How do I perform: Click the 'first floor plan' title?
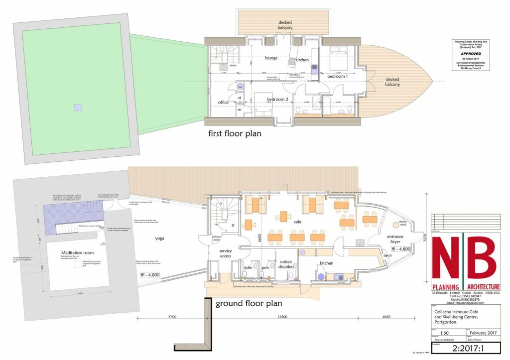[x=235, y=133]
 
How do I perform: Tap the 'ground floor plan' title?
[x=249, y=303]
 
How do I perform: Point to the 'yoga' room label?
[x=159, y=238]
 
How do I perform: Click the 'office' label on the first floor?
[x=223, y=102]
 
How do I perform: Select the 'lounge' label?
[x=271, y=58]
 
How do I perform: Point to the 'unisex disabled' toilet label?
[x=286, y=264]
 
